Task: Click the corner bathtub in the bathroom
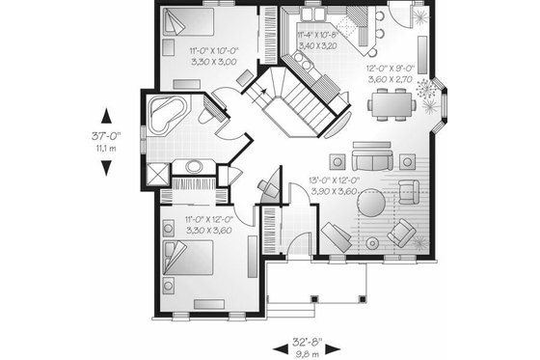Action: [170, 114]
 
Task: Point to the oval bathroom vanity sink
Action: [194, 166]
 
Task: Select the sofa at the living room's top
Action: [371, 159]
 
